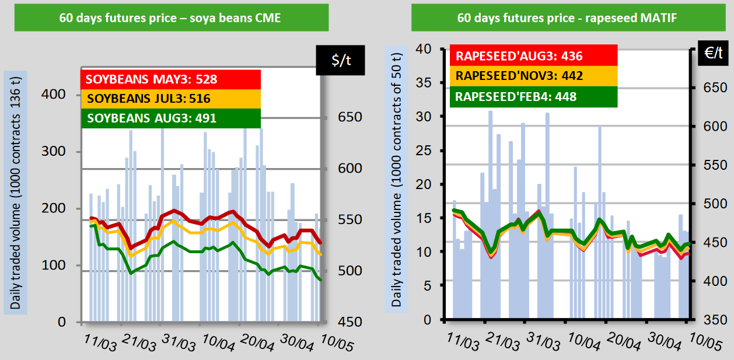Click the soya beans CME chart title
pos(170,18)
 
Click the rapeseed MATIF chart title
pos(567,18)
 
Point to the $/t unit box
pos(341,60)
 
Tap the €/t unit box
pos(713,53)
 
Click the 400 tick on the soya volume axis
pos(54,95)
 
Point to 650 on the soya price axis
pos(350,117)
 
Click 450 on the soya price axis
pos(350,321)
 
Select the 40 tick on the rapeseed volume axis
pos(424,49)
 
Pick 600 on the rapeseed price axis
pos(715,126)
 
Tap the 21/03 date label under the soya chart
pos(139,342)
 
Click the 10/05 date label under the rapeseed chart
pos(705,342)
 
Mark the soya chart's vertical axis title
pos(15,193)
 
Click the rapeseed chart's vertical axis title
pos(396,180)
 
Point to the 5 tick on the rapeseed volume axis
pos(427,286)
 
